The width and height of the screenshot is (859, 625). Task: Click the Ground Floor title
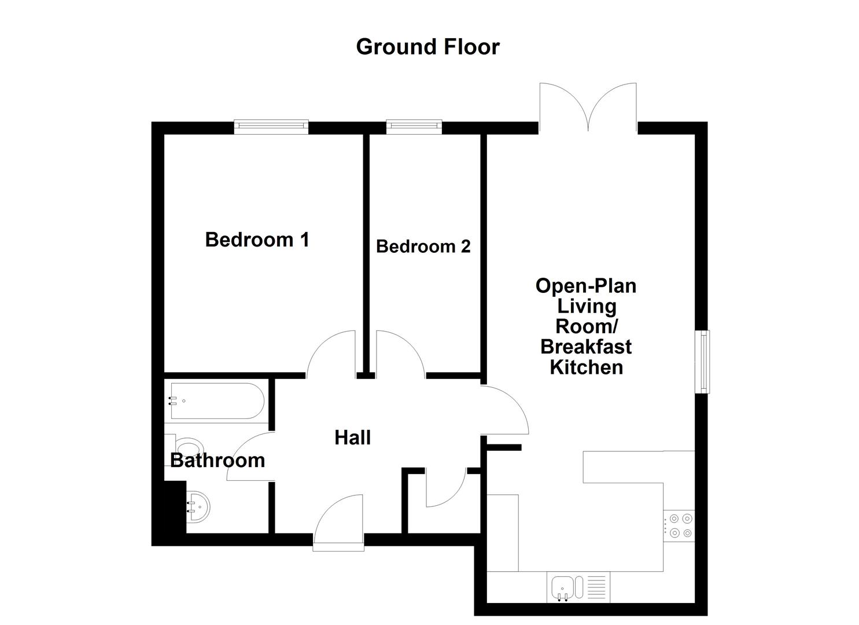pos(427,47)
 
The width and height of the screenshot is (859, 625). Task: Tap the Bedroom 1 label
pos(257,240)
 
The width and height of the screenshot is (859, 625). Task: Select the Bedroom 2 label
pos(423,247)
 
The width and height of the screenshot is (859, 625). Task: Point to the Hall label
pos(352,438)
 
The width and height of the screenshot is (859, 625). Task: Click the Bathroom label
pos(217,461)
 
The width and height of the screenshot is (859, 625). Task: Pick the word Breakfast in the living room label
pos(585,347)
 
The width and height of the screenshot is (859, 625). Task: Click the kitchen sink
pos(562,587)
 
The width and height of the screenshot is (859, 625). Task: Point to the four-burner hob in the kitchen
pos(679,525)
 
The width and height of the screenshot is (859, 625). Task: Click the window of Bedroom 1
pos(271,127)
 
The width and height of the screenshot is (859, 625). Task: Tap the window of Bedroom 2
pos(414,127)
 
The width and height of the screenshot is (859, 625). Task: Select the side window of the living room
pos(702,362)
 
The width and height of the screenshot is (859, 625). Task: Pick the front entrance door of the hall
pos(339,521)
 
